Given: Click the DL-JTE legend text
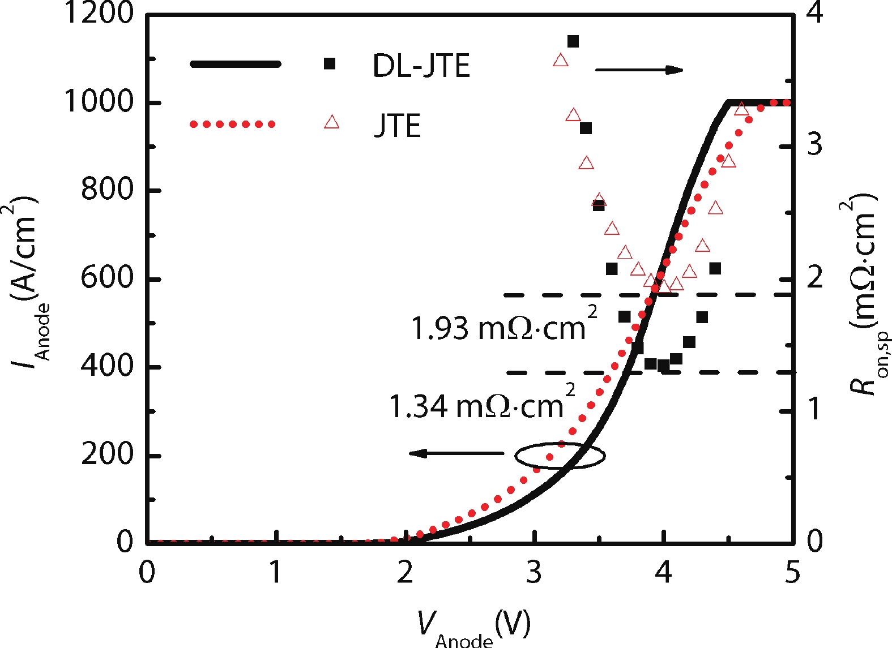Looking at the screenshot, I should (x=421, y=66).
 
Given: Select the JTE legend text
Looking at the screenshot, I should (x=398, y=126).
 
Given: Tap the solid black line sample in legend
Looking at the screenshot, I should (x=235, y=64).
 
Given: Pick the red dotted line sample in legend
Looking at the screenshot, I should (x=232, y=124).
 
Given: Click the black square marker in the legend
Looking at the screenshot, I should (x=329, y=64).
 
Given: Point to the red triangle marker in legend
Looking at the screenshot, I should (x=331, y=122).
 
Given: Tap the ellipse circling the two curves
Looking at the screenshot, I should (x=560, y=455).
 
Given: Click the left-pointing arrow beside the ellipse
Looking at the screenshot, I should (x=456, y=453).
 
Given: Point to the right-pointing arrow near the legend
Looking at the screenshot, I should (x=639, y=70).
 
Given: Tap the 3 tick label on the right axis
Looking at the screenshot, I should (x=814, y=145).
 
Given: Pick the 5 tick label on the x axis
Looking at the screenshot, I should (x=792, y=573).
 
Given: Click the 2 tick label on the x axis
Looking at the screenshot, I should (x=405, y=573).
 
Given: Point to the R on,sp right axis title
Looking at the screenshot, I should (x=865, y=294).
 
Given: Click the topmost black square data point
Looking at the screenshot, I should (x=573, y=41).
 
